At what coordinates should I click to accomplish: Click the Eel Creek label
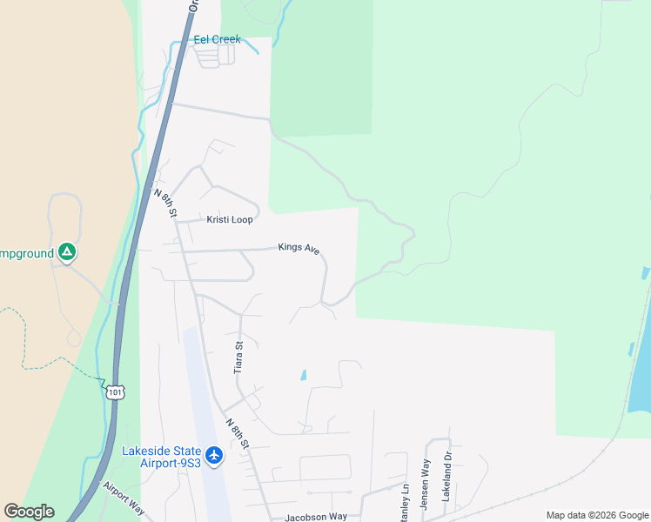[x=217, y=39]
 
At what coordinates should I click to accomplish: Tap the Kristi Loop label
[x=230, y=220]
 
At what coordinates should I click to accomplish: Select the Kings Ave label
[x=299, y=248]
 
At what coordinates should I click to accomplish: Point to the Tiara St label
[x=238, y=358]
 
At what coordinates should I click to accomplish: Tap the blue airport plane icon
[x=214, y=455]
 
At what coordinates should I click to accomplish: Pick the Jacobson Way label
[x=316, y=517]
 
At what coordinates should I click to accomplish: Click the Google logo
[x=29, y=512]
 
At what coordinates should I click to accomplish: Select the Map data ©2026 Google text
[x=597, y=515]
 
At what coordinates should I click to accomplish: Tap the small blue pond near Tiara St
[x=303, y=376]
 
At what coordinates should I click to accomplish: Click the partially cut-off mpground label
[x=24, y=253]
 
